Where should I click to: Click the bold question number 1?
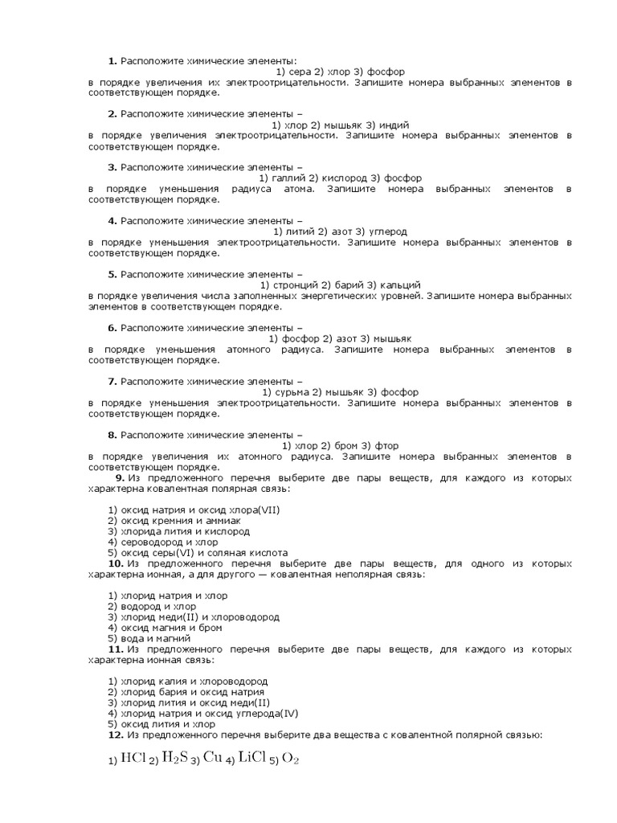click(113, 61)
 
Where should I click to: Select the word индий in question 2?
click(395, 125)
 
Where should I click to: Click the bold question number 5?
click(113, 274)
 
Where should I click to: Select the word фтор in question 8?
click(386, 445)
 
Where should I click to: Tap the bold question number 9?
click(120, 477)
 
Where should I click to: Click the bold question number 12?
click(116, 734)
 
